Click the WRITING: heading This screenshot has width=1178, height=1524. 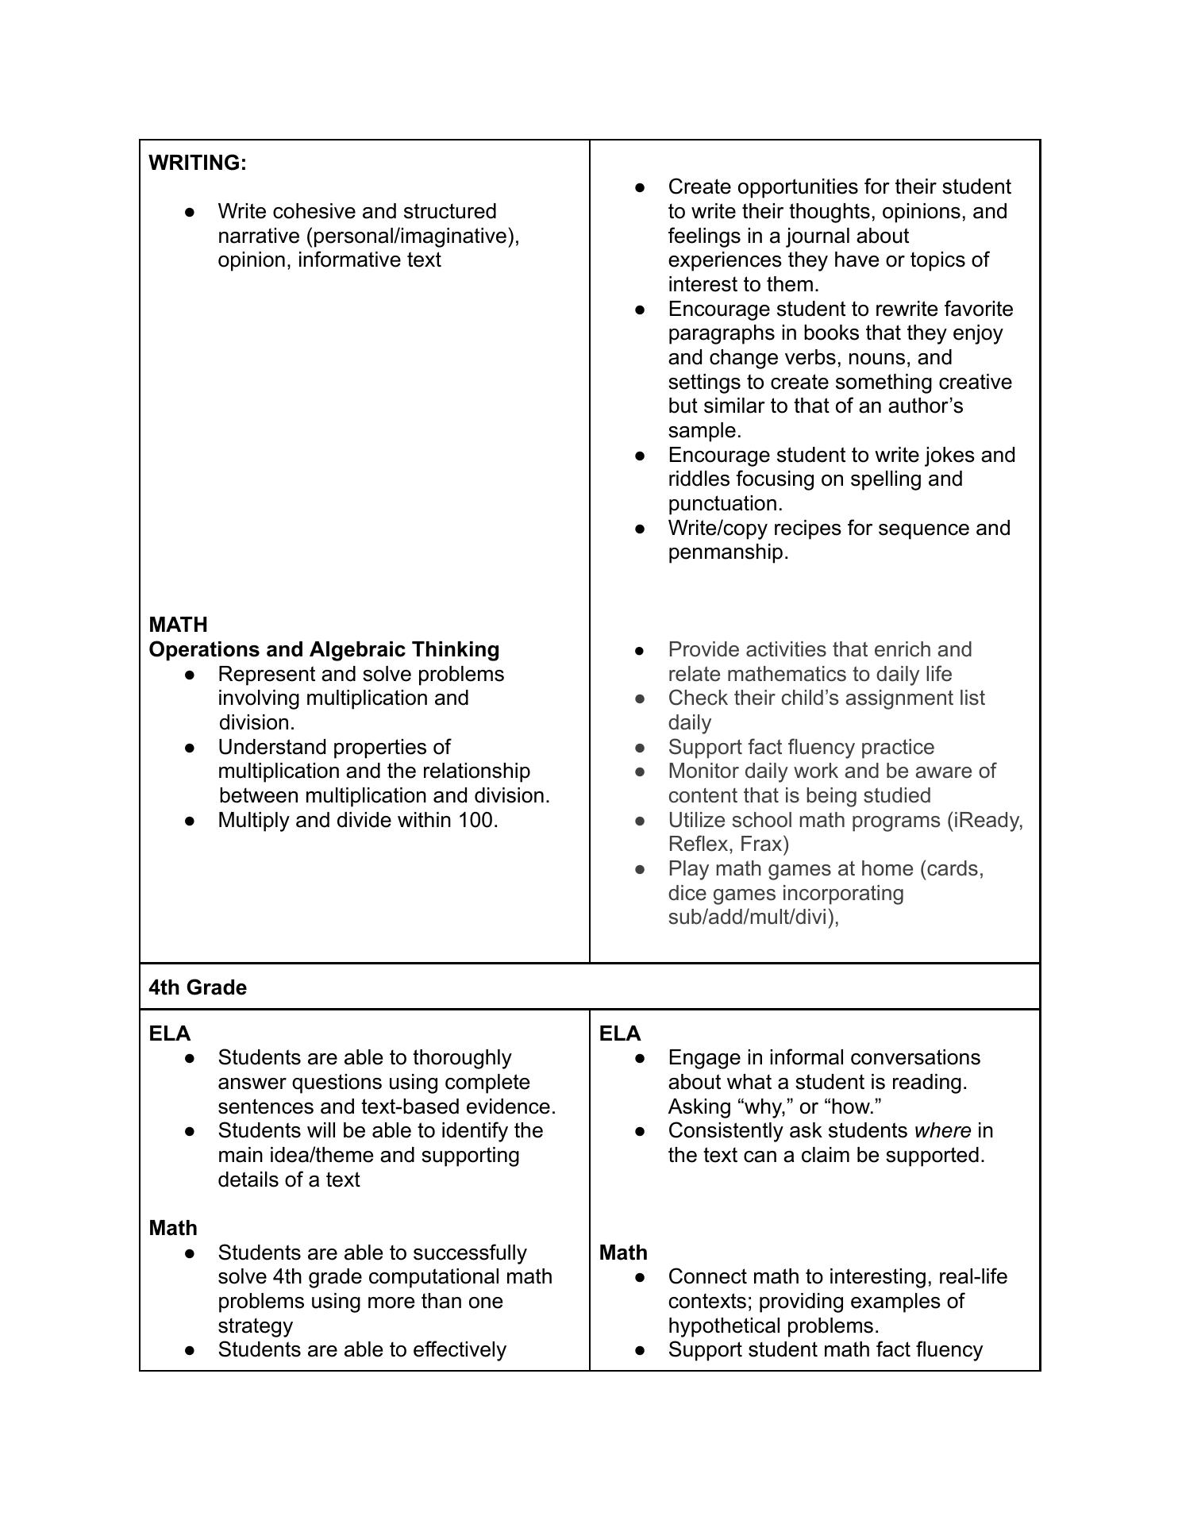[x=198, y=163]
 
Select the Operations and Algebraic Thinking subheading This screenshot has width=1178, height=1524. [x=324, y=649]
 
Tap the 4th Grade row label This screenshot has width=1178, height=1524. [x=198, y=987]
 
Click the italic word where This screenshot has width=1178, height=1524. [x=942, y=1130]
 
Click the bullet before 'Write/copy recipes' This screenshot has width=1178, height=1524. [x=640, y=529]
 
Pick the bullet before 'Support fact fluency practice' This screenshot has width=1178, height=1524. [x=640, y=748]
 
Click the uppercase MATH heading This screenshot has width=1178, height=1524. [x=178, y=625]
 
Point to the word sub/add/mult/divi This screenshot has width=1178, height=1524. [x=751, y=917]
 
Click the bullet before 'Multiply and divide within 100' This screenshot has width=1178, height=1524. [x=190, y=821]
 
